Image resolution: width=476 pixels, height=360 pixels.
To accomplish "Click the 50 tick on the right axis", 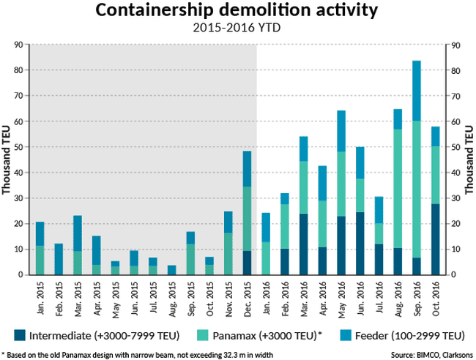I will click(x=455, y=147).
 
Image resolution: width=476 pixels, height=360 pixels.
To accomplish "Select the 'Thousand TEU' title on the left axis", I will click(x=7, y=160).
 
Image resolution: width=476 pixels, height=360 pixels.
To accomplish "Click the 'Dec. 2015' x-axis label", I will click(x=247, y=297).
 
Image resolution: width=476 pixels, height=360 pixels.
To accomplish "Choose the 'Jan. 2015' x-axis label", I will click(x=40, y=297).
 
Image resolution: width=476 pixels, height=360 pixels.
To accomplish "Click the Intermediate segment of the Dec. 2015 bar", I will click(x=247, y=263).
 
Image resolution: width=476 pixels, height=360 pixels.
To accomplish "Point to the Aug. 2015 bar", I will click(x=171, y=270).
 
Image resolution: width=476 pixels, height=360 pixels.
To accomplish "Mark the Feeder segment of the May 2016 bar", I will click(x=341, y=131).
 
